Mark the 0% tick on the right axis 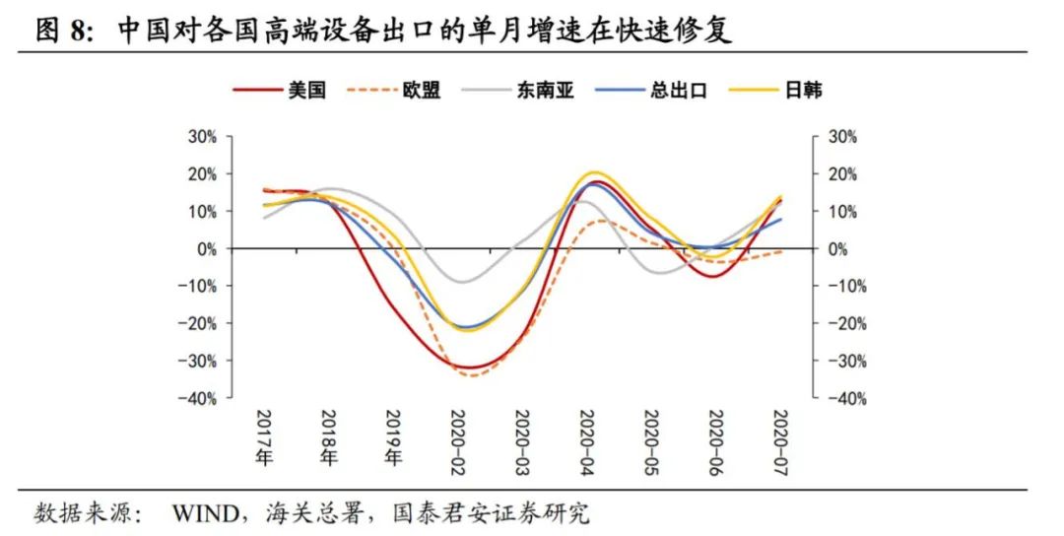coord(836,249)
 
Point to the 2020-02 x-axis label coord(458,439)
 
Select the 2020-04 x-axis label coord(586,439)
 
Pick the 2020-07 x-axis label coord(779,439)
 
